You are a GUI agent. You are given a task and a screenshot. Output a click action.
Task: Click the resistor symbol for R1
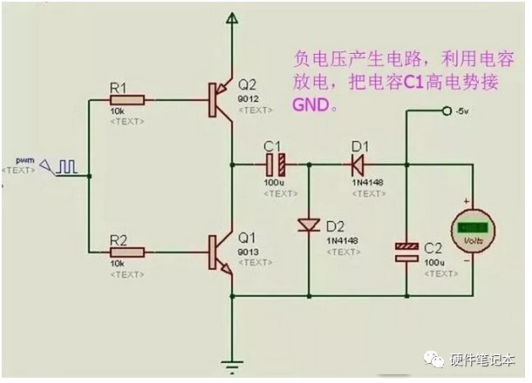tap(127, 101)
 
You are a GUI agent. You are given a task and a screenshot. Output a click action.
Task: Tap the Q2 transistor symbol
tap(221, 101)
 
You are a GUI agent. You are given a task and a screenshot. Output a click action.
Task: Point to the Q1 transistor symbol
tap(221, 252)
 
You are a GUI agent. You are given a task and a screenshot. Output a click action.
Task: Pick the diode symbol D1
tap(356, 163)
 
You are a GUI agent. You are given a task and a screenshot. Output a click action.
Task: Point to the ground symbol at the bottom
tap(232, 366)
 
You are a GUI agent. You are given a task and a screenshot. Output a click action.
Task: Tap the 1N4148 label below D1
tap(365, 182)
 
